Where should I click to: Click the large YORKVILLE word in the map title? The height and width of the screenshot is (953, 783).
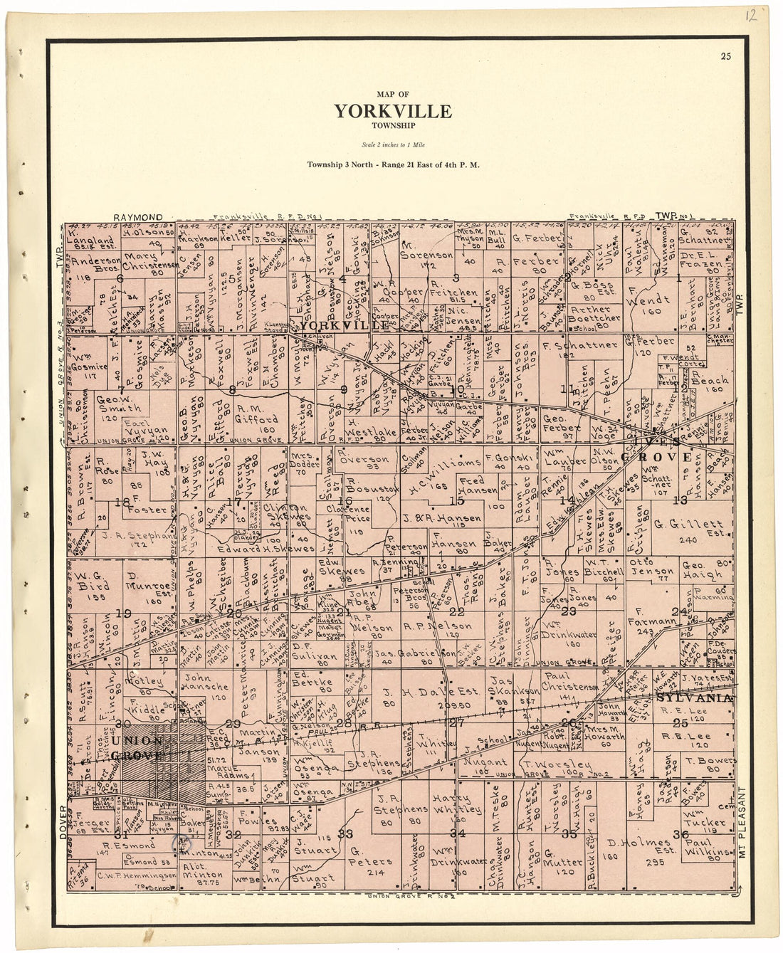click(392, 111)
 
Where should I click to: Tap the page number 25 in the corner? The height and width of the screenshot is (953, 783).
click(725, 57)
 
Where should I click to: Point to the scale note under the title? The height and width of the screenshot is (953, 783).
click(392, 144)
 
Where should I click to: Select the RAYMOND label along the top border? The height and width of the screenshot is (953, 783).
click(138, 217)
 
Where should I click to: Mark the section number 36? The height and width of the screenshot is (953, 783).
click(679, 834)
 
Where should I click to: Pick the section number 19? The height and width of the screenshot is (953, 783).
click(124, 613)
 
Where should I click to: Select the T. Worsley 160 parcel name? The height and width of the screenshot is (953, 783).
click(547, 764)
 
